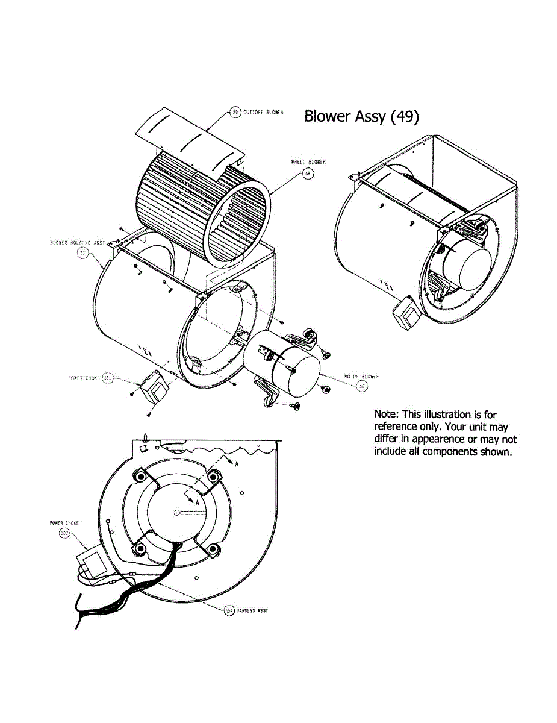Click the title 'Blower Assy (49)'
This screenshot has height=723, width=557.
click(x=361, y=116)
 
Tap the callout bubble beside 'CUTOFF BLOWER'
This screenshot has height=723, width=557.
click(x=235, y=112)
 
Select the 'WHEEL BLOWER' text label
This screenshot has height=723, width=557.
click(x=308, y=162)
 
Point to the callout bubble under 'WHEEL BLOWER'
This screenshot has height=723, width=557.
click(x=308, y=174)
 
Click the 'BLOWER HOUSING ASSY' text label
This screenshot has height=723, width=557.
click(x=77, y=243)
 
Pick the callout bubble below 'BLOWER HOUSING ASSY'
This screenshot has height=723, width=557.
click(x=83, y=254)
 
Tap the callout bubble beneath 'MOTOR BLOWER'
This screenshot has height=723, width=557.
click(x=362, y=386)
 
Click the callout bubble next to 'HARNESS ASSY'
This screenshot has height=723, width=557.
click(x=228, y=610)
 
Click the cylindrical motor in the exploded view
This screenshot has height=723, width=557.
click(x=283, y=368)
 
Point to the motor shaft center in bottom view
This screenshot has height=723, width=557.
click(x=175, y=513)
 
